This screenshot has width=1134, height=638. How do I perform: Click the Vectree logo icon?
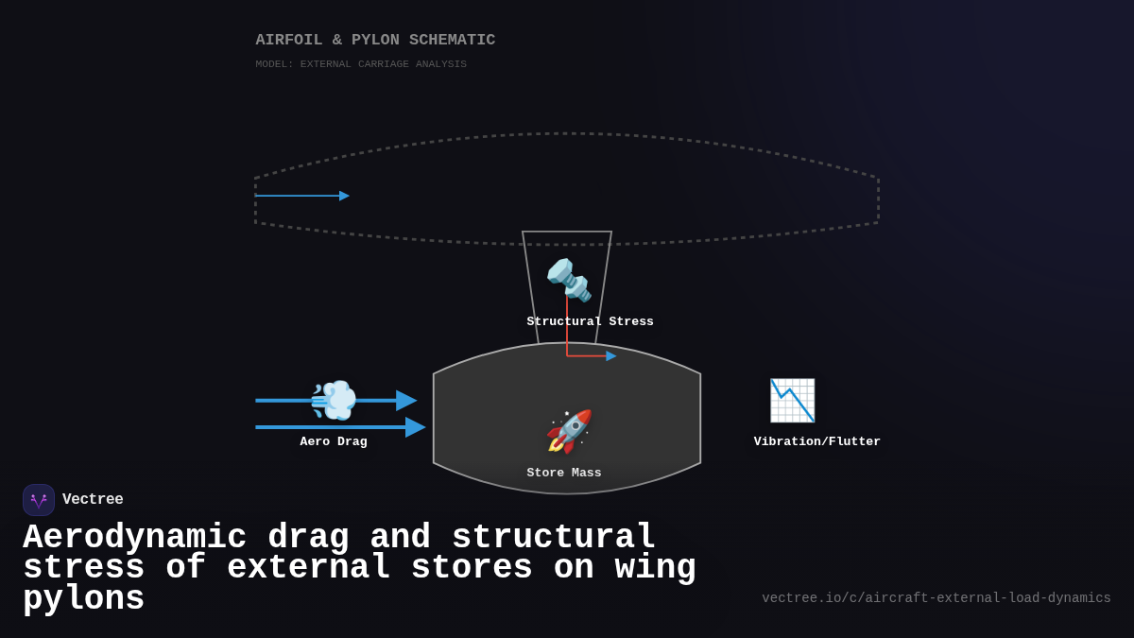click(x=39, y=500)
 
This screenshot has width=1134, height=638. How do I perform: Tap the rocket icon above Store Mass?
click(x=569, y=431)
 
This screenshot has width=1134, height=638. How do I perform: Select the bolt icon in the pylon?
click(x=569, y=280)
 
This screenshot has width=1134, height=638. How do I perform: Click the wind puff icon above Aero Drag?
click(x=334, y=400)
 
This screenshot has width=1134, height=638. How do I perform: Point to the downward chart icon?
click(x=792, y=400)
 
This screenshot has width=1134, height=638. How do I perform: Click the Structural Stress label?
click(x=590, y=322)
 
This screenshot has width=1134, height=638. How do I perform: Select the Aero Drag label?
click(x=334, y=442)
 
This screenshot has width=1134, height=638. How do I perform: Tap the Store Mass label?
click(x=564, y=474)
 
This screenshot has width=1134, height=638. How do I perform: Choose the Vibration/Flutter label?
click(x=816, y=442)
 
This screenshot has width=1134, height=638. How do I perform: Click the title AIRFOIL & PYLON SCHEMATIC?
click(x=375, y=41)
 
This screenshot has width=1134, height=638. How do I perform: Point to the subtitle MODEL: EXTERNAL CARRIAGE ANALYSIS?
click(x=361, y=64)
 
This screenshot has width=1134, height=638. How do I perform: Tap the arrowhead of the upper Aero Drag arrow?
click(x=406, y=401)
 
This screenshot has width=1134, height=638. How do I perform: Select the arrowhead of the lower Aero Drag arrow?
click(x=415, y=427)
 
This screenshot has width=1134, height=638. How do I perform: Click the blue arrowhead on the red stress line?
click(x=611, y=356)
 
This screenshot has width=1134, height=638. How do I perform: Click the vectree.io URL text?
click(x=936, y=598)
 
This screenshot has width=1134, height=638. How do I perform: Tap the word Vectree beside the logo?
click(x=93, y=500)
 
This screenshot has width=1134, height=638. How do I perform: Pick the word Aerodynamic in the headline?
click(x=134, y=537)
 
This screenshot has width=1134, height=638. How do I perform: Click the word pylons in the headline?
click(x=83, y=599)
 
